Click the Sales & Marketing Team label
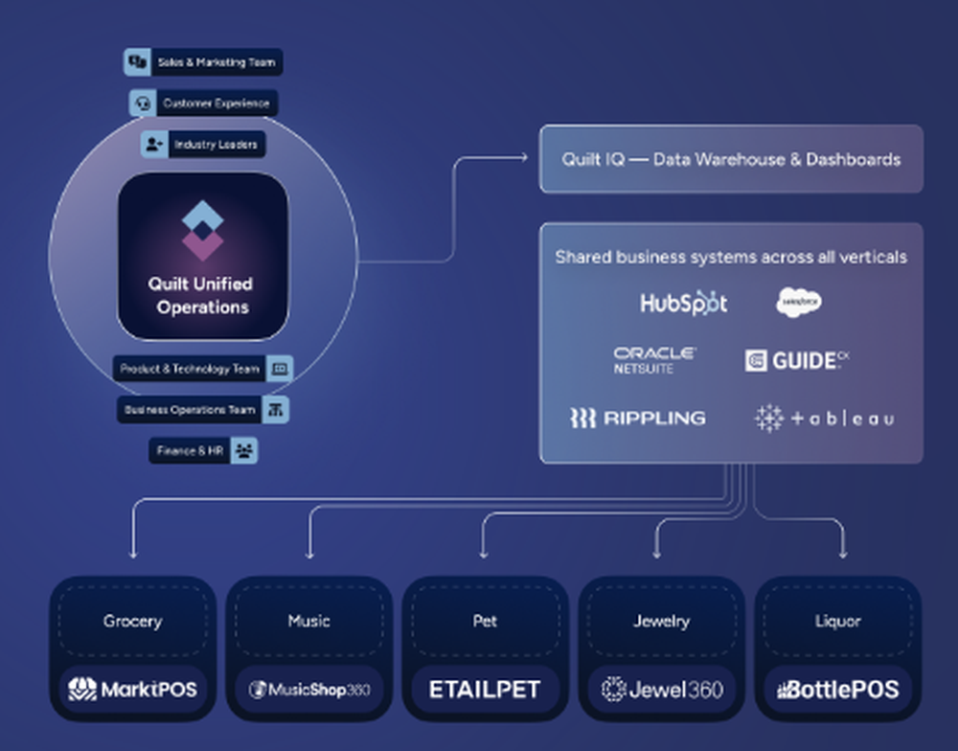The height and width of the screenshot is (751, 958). (x=203, y=62)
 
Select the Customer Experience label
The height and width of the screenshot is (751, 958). (x=203, y=103)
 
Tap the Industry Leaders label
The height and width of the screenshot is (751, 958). (x=203, y=145)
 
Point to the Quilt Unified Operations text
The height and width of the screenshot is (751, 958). (x=202, y=295)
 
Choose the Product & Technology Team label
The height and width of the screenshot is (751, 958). (x=202, y=369)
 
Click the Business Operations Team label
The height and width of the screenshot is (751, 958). (x=202, y=410)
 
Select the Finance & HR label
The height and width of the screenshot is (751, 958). (x=203, y=450)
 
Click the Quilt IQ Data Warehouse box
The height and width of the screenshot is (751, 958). (x=731, y=159)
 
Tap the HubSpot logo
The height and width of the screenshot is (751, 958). (x=683, y=304)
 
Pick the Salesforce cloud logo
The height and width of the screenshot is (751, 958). (x=798, y=303)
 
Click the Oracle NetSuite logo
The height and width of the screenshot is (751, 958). (x=655, y=360)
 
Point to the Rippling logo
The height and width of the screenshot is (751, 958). (x=637, y=418)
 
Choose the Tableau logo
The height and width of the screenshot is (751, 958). (x=824, y=418)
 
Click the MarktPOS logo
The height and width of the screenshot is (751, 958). (x=132, y=689)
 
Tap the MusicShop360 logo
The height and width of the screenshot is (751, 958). (x=308, y=689)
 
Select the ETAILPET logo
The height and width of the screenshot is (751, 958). (x=485, y=689)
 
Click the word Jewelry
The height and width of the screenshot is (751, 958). (x=661, y=621)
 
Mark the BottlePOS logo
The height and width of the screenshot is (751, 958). (x=837, y=689)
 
